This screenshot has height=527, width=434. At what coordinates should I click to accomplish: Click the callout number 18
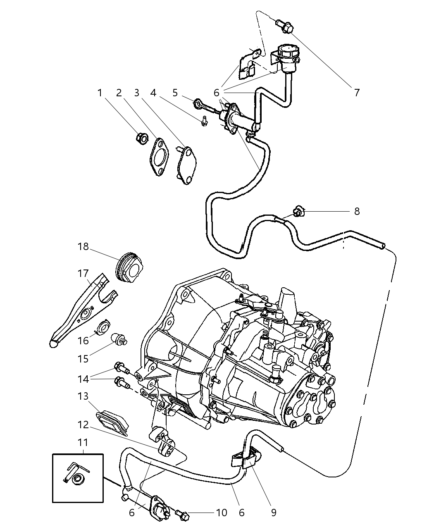click(x=83, y=247)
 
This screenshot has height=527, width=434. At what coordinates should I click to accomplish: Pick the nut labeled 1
click(x=141, y=138)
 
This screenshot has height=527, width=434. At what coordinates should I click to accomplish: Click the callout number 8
click(x=357, y=212)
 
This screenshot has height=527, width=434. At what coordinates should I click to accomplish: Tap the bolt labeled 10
click(x=183, y=515)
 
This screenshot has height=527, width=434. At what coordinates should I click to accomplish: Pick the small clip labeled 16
click(x=101, y=328)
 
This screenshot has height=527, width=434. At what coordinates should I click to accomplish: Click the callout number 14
click(x=83, y=379)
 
